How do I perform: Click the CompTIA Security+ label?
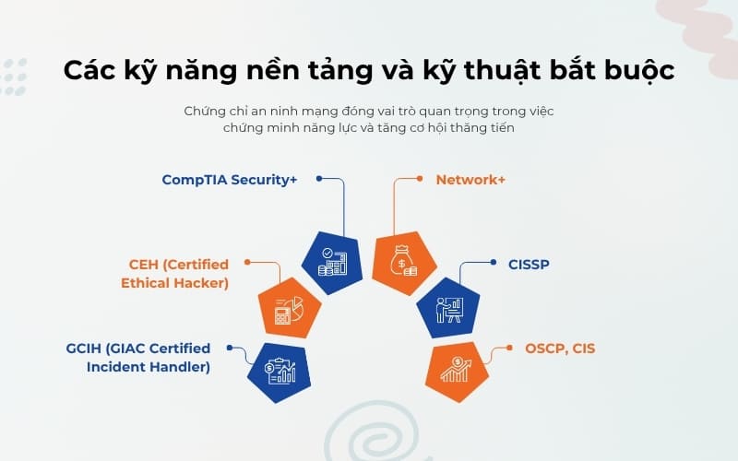pyautogui.click(x=230, y=180)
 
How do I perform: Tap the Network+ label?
pyautogui.click(x=470, y=180)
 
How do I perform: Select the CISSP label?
pyautogui.click(x=529, y=265)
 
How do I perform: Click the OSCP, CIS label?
pyautogui.click(x=560, y=349)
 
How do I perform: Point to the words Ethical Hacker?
pyautogui.click(x=174, y=283)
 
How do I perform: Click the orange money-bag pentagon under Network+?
pyautogui.click(x=404, y=261)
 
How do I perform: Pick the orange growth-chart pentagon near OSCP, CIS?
pyautogui.click(x=455, y=371)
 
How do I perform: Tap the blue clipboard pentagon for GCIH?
pyautogui.click(x=280, y=372)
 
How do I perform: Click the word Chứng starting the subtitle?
pyautogui.click(x=205, y=112)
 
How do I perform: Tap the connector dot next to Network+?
pyautogui.click(x=418, y=178)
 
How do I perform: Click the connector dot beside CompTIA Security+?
pyautogui.click(x=318, y=178)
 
